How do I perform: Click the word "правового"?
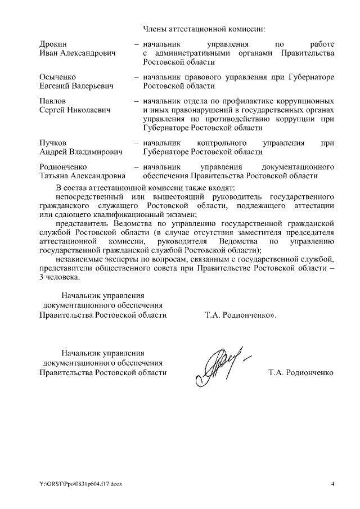click(203, 76)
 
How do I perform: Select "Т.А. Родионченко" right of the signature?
click(301, 372)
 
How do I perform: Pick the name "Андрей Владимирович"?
click(80, 152)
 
